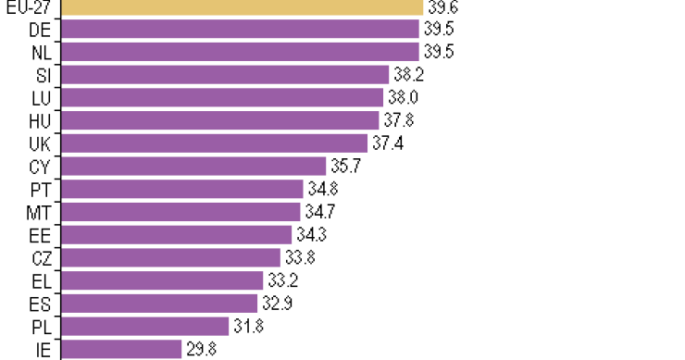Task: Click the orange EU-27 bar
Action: (241, 6)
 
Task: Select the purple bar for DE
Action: (241, 29)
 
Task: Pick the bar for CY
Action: (193, 166)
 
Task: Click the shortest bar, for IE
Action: (121, 349)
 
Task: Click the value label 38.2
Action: (407, 74)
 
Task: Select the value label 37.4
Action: (386, 143)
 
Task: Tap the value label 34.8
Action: (322, 189)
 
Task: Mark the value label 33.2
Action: (281, 280)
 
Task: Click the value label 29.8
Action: (201, 349)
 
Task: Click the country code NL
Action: (40, 52)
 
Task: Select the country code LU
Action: (41, 97)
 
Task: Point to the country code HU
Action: (40, 120)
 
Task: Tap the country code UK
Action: (40, 143)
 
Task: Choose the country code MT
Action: (40, 212)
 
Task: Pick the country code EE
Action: (40, 234)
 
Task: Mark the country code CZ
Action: (40, 257)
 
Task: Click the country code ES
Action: (40, 303)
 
